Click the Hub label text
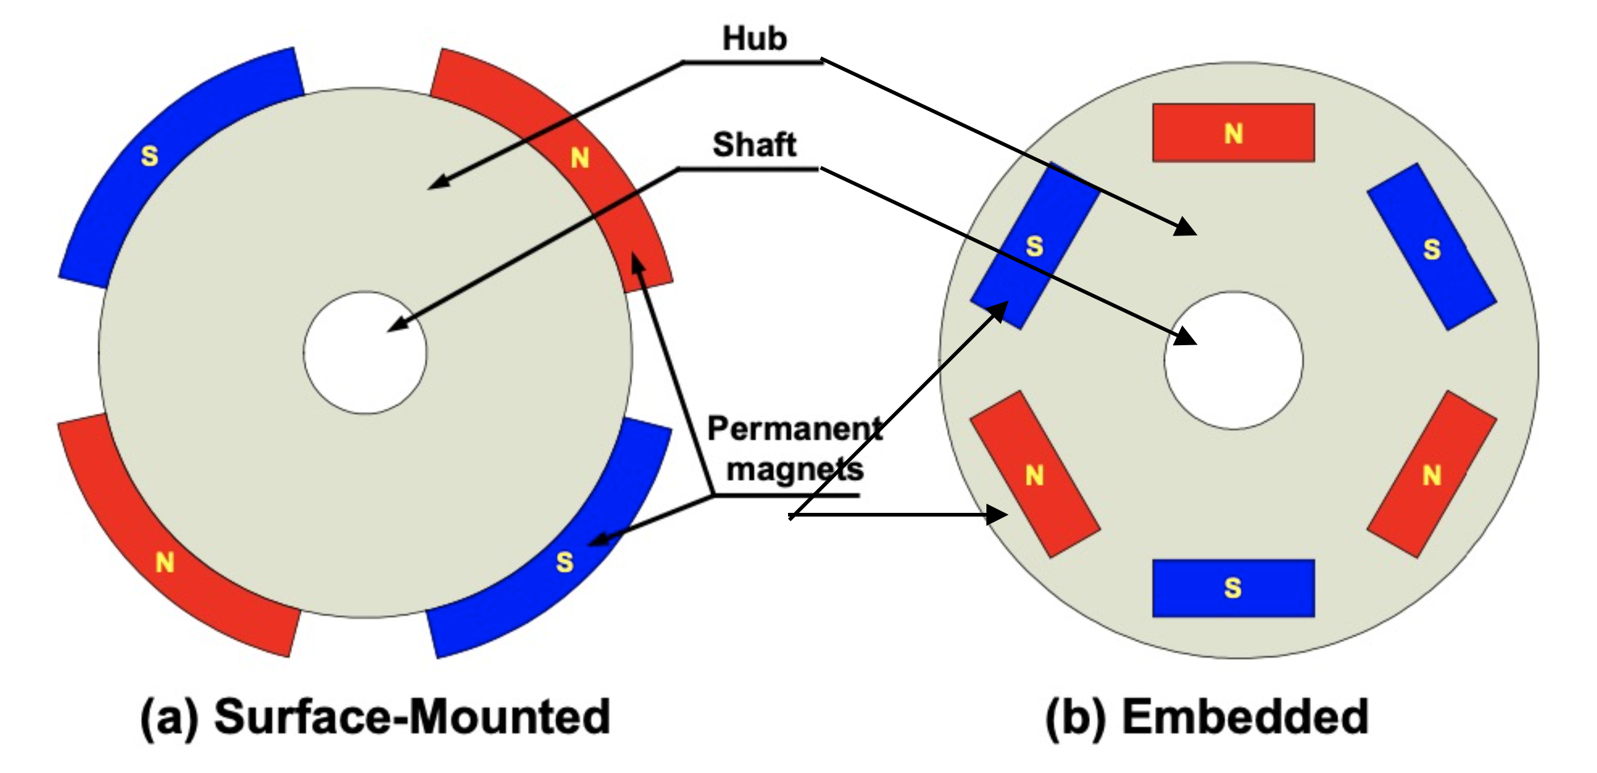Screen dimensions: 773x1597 point(755,38)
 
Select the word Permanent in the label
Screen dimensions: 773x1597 point(794,428)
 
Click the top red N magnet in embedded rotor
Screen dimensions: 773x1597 point(1233,133)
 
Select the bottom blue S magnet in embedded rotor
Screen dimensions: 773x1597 point(1233,588)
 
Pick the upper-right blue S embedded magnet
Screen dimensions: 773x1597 point(1432,247)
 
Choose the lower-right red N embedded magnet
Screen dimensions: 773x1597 point(1432,475)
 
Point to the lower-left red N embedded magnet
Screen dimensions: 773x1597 point(1034,475)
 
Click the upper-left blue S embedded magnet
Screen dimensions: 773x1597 point(1034,247)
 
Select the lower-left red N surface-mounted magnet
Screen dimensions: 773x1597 point(165,562)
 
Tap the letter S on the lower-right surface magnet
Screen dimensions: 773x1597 point(564,562)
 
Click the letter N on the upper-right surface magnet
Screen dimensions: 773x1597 point(580,158)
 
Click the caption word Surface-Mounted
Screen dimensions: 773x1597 point(412,717)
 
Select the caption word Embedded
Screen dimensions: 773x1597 point(1245,717)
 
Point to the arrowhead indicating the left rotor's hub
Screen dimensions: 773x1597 point(437,183)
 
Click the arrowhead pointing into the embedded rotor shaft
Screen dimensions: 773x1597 point(1186,337)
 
